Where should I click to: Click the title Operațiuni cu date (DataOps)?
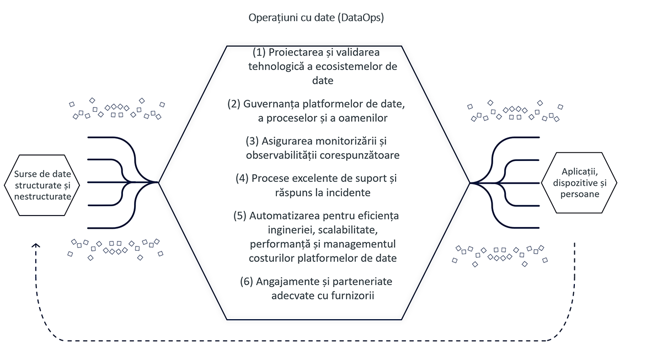tap(316, 18)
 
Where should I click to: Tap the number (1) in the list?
tap(259, 52)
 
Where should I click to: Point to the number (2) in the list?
tap(234, 104)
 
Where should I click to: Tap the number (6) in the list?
tap(247, 281)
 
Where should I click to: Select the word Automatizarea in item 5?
tap(284, 215)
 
